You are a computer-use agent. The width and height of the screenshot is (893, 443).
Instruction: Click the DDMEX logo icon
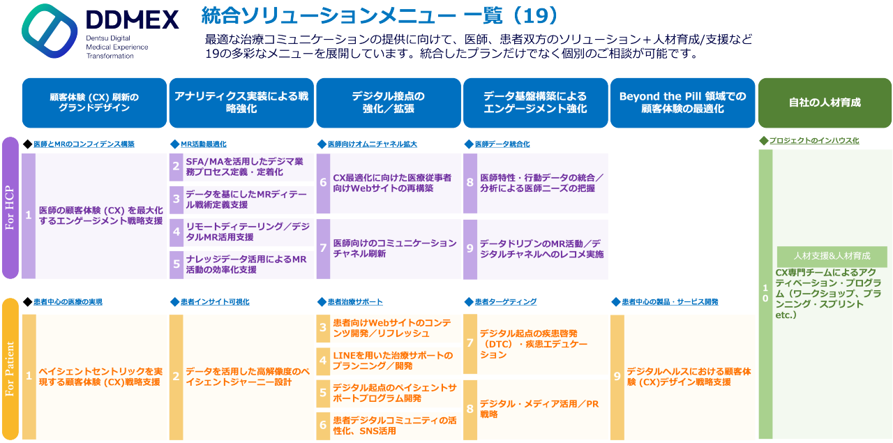pos(48,31)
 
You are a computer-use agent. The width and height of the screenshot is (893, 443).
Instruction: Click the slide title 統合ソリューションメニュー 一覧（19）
pos(380,15)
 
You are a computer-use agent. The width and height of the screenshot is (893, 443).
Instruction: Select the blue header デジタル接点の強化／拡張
pos(389,103)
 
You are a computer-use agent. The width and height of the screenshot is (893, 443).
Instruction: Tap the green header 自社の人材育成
pos(825,103)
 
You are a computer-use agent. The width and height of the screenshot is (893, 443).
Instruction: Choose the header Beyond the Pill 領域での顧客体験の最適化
pos(682,103)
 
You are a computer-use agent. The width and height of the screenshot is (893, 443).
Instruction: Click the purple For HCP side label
pos(10,207)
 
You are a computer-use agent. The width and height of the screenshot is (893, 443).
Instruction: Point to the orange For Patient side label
pos(10,369)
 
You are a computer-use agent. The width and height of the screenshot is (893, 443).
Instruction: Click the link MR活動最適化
pos(203,144)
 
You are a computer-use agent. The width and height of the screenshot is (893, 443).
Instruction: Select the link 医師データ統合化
pos(502,144)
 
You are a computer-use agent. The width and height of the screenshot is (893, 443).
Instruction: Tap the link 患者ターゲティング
pos(505,301)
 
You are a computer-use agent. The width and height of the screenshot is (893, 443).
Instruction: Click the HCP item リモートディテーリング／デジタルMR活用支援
pos(248,232)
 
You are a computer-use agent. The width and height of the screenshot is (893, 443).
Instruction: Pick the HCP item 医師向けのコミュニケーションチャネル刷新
pos(394,248)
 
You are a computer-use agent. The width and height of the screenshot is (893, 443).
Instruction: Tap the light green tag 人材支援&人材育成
pos(832,256)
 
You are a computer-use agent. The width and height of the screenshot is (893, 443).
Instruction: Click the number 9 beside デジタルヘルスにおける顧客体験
pos(617,377)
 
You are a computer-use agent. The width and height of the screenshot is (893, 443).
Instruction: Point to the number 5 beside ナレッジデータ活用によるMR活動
pos(177,264)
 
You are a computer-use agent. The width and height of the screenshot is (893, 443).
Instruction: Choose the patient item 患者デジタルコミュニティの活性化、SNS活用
pos(394,425)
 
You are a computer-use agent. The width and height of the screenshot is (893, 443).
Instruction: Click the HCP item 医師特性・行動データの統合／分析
pos(541,183)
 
